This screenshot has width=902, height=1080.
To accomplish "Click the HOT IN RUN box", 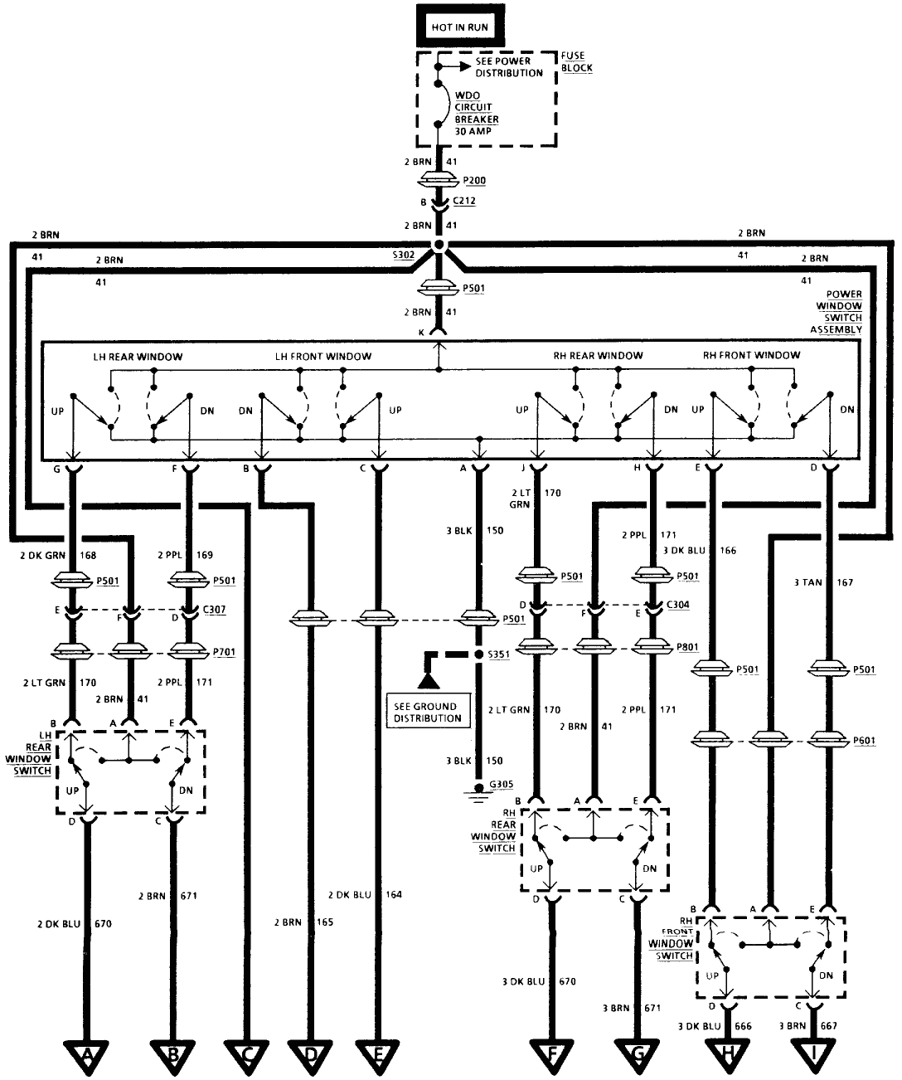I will (459, 27).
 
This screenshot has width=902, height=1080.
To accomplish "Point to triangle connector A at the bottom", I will (85, 1056).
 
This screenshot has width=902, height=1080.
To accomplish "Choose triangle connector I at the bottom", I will (812, 1056).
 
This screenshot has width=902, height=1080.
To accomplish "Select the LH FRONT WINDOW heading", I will (323, 356).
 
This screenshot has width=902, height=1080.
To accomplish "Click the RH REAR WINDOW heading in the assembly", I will (598, 356).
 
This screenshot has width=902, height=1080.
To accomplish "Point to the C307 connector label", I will (216, 609).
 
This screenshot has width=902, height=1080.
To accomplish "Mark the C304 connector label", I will (676, 605).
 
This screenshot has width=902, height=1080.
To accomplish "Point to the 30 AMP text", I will (471, 131).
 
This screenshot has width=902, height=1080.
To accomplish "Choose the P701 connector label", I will (224, 653).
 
